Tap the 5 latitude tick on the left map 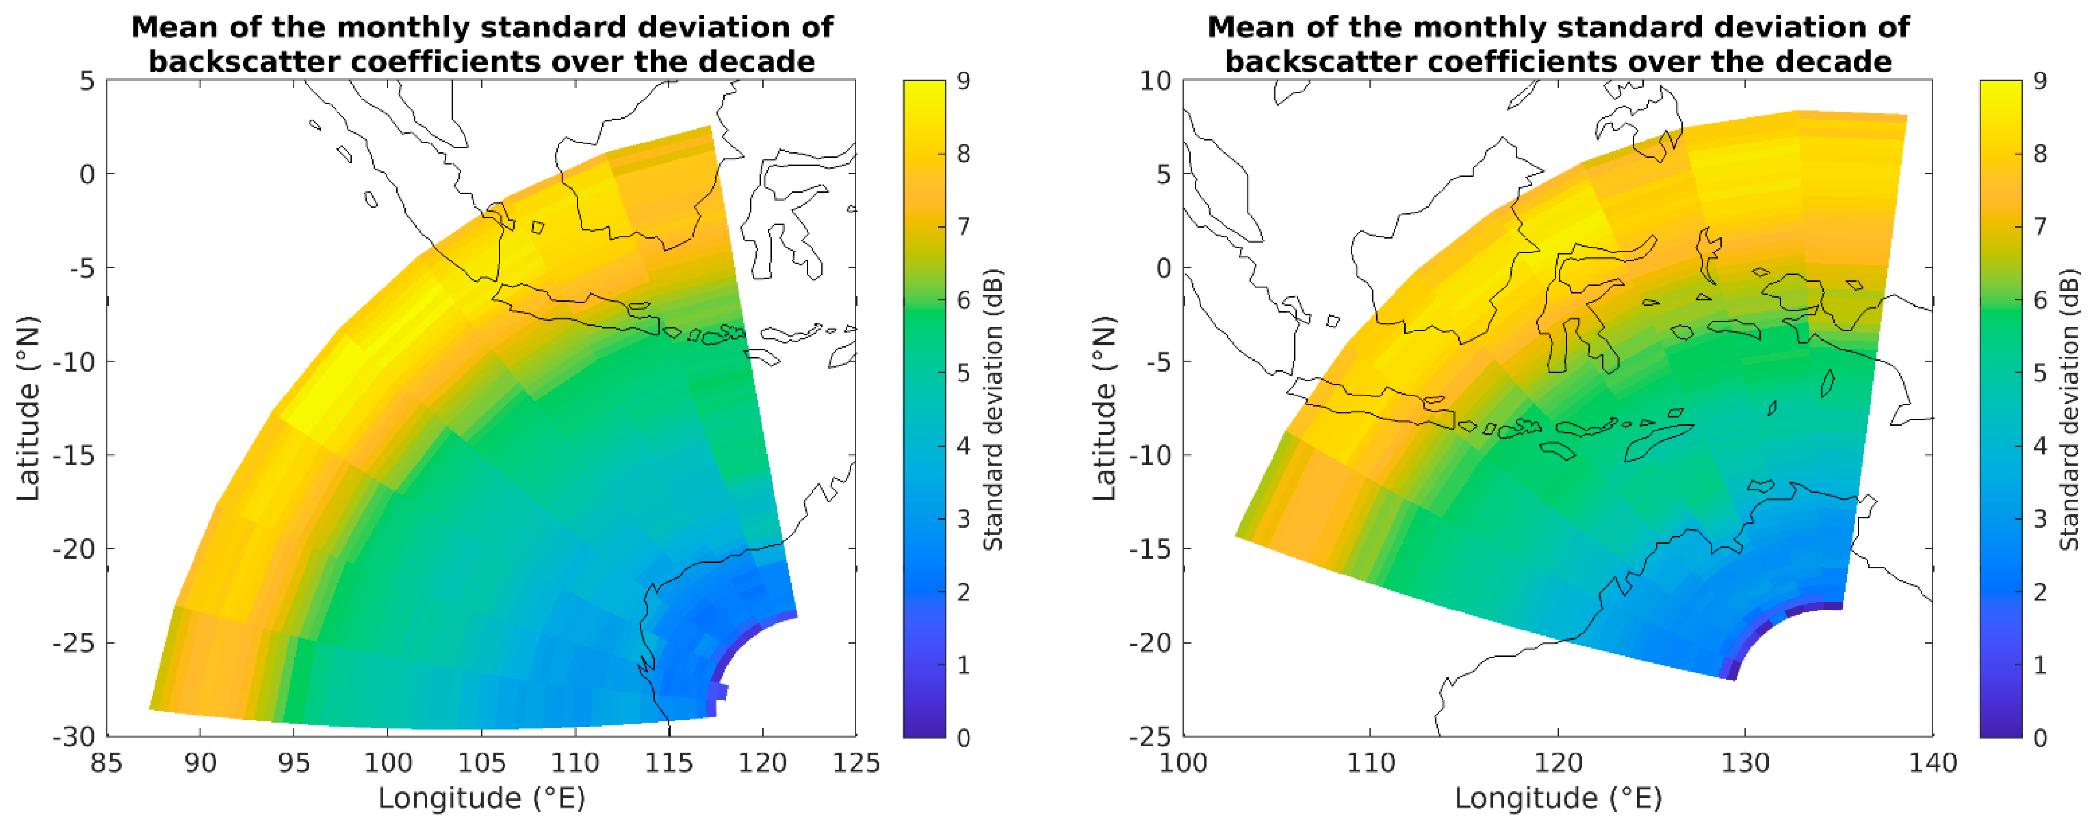click(x=87, y=80)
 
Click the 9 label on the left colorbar click(x=964, y=80)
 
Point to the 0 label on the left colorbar click(x=964, y=737)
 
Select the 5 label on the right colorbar click(x=2040, y=372)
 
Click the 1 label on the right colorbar click(x=2040, y=664)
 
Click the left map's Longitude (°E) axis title click(x=481, y=798)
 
